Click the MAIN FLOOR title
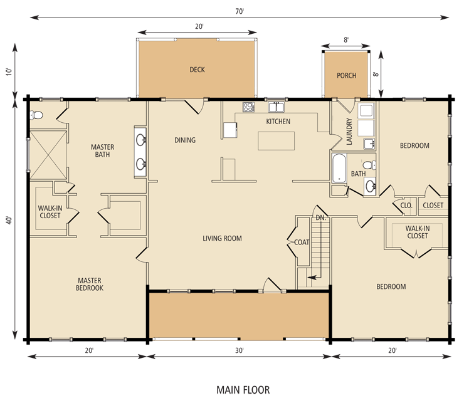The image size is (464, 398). pos(243,390)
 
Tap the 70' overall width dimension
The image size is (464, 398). pos(240,11)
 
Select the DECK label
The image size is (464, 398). pos(197,70)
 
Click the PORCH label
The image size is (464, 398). pos(346,76)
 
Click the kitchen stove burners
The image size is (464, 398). pos(248,107)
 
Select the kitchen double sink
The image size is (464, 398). pos(276,107)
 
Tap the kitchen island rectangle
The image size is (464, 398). pos(276,141)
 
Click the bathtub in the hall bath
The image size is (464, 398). pos(339,167)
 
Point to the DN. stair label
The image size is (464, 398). pos(321,218)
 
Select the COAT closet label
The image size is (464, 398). pos(302,242)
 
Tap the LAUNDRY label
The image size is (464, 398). pos(349,132)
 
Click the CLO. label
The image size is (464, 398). pos(406,205)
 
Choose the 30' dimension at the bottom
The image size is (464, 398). pos(240,350)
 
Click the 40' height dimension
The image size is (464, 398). pos(9,220)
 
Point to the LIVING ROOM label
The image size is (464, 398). pos(222,238)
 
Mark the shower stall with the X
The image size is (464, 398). pos(48,155)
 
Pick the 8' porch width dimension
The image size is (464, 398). pos(346,40)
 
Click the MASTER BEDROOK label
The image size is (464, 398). pos(90,284)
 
